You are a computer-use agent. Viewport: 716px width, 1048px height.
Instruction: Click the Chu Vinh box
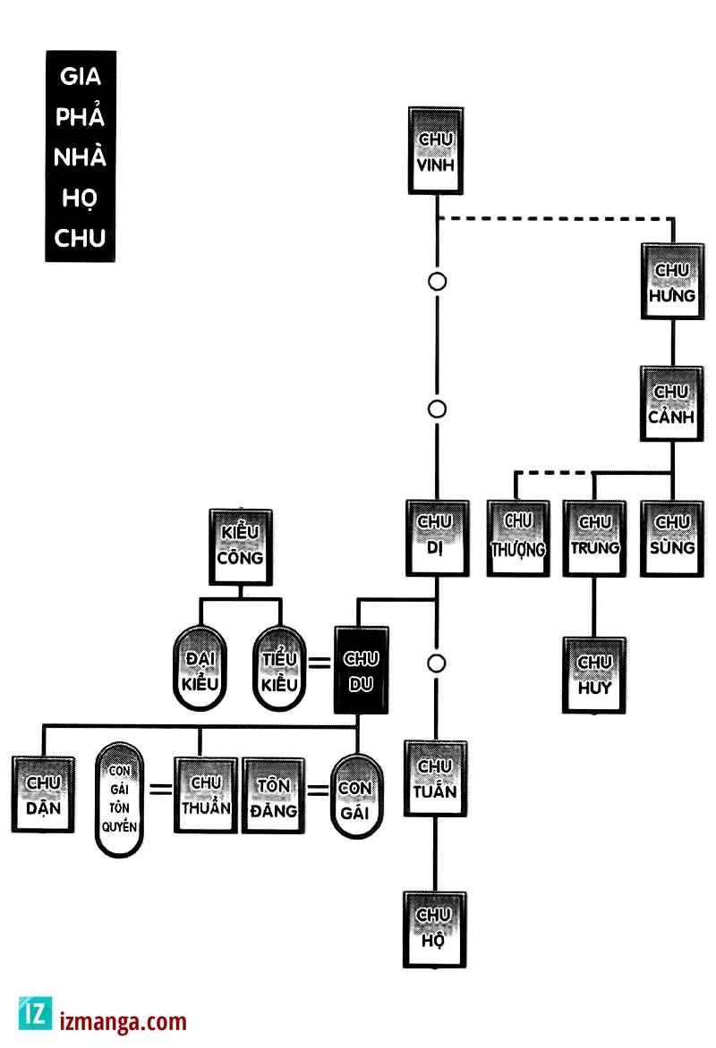[x=436, y=151]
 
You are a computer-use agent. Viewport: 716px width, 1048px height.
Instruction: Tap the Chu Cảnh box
[x=671, y=404]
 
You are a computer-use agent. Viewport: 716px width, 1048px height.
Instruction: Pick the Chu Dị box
[x=436, y=537]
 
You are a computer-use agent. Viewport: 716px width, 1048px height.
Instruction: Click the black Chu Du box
[x=361, y=671]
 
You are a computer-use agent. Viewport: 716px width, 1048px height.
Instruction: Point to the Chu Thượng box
[x=518, y=537]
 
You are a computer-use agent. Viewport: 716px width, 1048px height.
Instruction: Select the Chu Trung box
[x=594, y=537]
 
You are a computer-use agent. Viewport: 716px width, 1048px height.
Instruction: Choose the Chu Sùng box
[x=671, y=537]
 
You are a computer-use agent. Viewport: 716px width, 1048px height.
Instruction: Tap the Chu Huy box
[x=594, y=675]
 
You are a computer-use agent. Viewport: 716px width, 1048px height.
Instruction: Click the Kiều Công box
[x=240, y=545]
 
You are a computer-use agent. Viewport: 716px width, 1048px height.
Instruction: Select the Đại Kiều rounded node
[x=198, y=669]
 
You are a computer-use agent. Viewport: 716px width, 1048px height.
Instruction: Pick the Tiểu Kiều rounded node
[x=279, y=669]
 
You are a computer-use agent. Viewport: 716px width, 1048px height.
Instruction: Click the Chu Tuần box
[x=436, y=779]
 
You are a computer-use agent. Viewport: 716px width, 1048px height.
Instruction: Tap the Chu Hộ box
[x=436, y=929]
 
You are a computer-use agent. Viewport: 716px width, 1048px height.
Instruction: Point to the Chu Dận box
[x=43, y=794]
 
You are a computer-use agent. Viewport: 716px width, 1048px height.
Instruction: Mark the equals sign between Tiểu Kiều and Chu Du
[x=320, y=663]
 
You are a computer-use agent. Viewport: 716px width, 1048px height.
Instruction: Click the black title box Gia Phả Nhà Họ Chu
[x=81, y=156]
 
